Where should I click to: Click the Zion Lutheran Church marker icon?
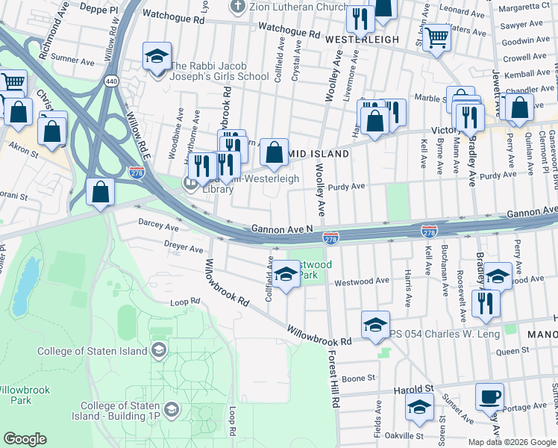point(238,7)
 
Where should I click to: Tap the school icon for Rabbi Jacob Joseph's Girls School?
point(157,57)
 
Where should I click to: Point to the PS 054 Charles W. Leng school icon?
point(375,323)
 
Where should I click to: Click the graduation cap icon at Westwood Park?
point(285,273)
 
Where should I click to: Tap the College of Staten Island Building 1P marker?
point(172,409)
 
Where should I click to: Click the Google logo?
point(25,439)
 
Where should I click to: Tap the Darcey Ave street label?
point(158,225)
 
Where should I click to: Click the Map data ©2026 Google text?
point(511,442)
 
